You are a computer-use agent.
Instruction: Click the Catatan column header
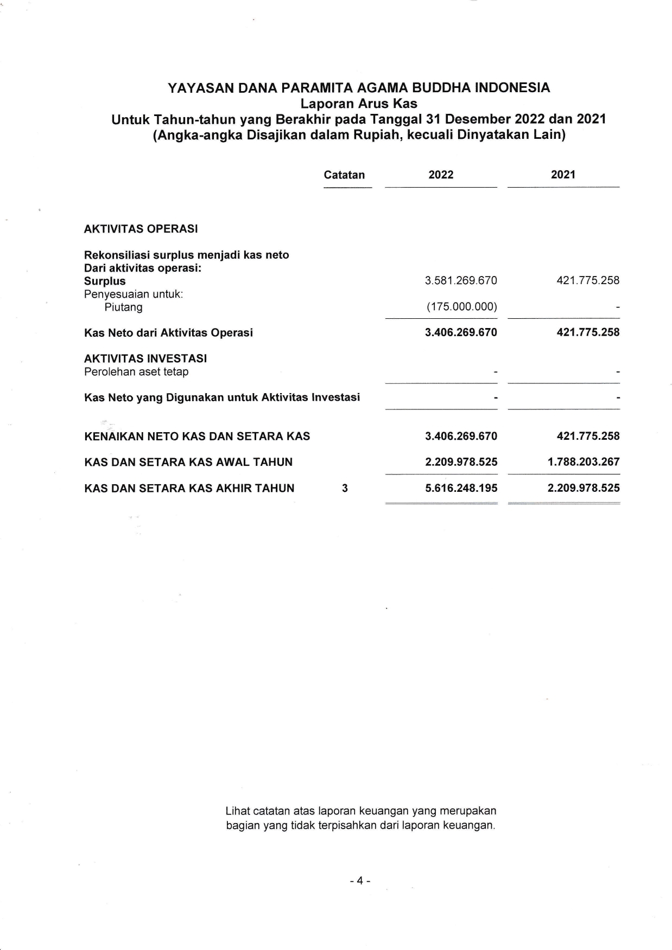click(x=344, y=175)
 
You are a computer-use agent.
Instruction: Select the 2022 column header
click(x=441, y=175)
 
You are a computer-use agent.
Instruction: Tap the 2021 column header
click(x=563, y=175)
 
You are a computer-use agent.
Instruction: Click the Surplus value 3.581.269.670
click(x=461, y=281)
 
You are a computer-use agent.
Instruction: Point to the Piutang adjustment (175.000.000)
click(x=461, y=307)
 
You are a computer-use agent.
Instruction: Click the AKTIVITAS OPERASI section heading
click(x=141, y=229)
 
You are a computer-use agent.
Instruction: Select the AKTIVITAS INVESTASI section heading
click(x=145, y=358)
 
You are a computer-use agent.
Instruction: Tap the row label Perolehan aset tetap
click(x=136, y=372)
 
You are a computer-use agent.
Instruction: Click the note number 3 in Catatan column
click(x=345, y=488)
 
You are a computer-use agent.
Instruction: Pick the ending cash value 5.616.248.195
click(x=461, y=488)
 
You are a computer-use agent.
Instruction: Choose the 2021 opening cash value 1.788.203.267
click(x=584, y=462)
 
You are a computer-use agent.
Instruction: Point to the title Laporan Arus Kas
click(x=359, y=103)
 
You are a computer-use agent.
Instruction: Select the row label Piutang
click(x=124, y=307)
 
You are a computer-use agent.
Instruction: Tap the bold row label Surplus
click(x=105, y=281)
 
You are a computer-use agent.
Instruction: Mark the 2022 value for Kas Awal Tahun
click(x=461, y=462)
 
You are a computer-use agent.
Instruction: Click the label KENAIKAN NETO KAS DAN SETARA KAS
click(x=197, y=437)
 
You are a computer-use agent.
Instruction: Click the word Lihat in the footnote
click(x=237, y=811)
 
